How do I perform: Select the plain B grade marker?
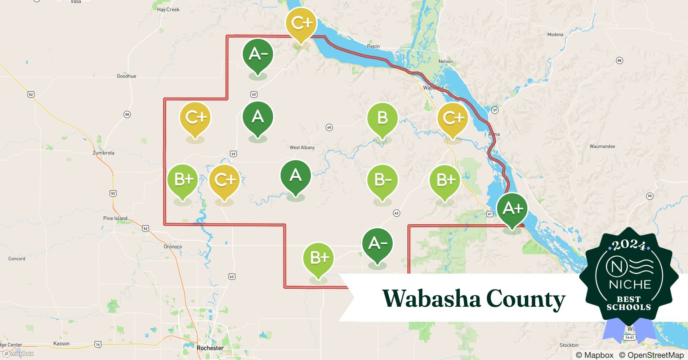point(382,118)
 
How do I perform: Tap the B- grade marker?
point(382,180)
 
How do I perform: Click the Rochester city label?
point(210,348)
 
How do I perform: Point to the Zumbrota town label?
point(103,153)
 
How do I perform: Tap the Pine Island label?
point(115,219)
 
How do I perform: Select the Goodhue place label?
point(126,76)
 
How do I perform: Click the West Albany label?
point(302,148)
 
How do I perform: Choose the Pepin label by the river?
point(373,46)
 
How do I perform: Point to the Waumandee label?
point(602,147)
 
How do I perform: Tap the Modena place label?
point(555,35)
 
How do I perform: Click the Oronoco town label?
point(173,247)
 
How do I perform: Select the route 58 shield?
point(127,114)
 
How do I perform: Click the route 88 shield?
point(620,60)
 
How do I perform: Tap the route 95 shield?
point(649,196)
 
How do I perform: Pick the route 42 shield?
point(396,213)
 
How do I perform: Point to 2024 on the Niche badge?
point(629,246)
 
